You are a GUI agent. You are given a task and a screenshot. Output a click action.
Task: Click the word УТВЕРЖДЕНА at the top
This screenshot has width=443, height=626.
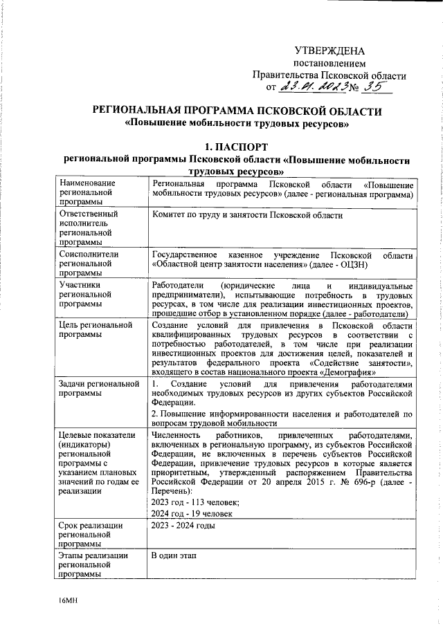coord(329,50)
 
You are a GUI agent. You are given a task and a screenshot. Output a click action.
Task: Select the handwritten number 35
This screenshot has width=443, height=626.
coord(378,86)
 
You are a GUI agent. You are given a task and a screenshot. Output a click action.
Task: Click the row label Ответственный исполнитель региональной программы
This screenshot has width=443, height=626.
coord(89,228)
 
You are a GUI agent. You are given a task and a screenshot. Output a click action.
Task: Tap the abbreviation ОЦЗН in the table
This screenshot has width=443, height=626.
coord(398,264)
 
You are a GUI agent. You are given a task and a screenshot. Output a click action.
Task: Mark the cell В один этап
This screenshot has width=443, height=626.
coord(172,556)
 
